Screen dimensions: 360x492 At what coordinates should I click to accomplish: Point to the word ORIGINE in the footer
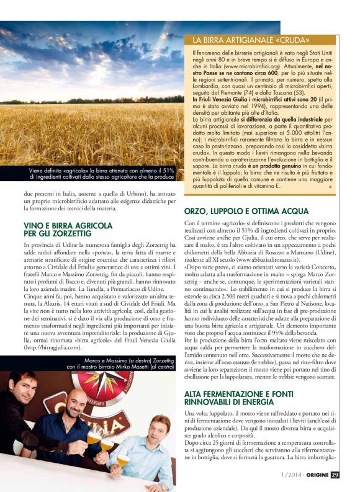(313, 476)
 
